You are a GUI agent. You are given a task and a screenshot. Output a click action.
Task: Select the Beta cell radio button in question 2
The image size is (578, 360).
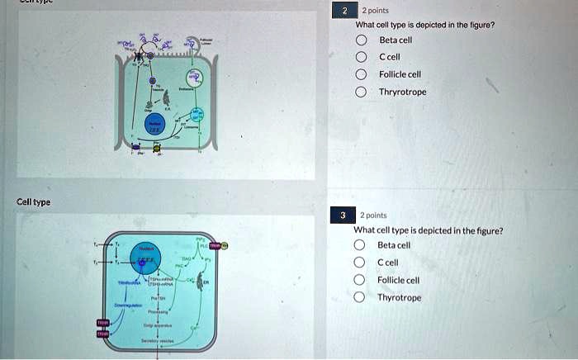click(x=362, y=40)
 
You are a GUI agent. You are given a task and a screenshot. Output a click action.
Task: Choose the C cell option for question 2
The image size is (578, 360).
click(x=362, y=57)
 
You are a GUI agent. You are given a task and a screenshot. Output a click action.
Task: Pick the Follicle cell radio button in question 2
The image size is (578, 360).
click(x=362, y=74)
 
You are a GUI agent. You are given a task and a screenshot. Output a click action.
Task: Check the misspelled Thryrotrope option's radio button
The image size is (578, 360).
click(x=362, y=92)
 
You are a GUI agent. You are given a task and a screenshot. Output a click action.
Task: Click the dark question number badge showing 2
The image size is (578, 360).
click(x=343, y=12)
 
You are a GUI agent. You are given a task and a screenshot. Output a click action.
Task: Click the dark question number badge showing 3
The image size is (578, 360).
click(x=342, y=216)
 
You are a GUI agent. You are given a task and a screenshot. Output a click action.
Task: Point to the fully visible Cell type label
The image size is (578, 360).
click(x=34, y=201)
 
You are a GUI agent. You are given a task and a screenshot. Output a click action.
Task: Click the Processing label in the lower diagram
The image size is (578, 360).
click(x=156, y=313)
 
